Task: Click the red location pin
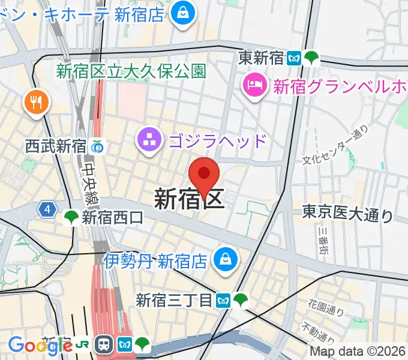204,176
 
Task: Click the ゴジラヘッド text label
217,142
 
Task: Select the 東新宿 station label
262,58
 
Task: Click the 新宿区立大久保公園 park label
131,71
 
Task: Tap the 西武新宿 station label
55,145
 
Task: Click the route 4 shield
47,209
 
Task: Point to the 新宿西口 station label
113,218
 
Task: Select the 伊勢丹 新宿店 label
155,261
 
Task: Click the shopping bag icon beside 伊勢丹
227,260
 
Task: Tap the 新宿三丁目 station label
175,299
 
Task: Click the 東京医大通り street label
347,213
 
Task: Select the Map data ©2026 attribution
358,352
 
